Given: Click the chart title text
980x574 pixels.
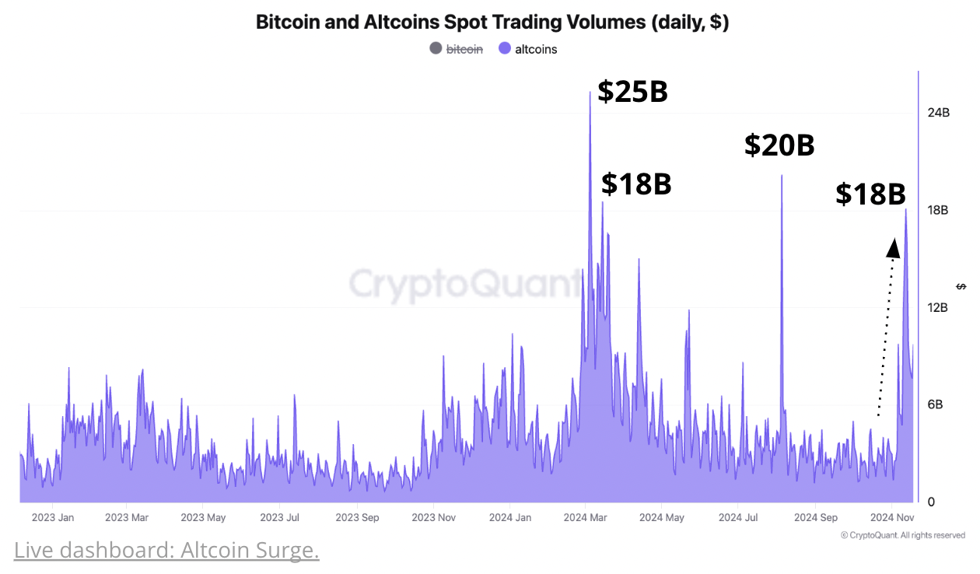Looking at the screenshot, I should [x=492, y=22].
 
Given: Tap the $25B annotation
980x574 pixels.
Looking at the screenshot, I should [x=632, y=92].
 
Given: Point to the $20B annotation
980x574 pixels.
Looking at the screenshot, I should [x=779, y=145].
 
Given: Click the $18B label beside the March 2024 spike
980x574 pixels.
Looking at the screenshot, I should [x=635, y=184].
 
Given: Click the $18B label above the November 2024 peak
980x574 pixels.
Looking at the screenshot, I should [x=870, y=194].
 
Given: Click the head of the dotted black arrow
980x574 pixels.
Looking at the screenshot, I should [x=894, y=248].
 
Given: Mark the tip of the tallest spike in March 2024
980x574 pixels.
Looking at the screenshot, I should [x=590, y=93].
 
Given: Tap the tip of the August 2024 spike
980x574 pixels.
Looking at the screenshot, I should [x=781, y=176].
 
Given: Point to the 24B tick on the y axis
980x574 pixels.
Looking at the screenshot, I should [x=938, y=113].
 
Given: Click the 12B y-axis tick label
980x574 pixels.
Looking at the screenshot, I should [x=938, y=308].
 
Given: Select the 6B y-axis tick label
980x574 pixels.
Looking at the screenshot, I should [x=936, y=404].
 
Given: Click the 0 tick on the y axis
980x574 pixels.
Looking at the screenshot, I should [x=931, y=502].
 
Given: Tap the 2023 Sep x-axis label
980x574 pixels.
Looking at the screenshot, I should [x=357, y=517].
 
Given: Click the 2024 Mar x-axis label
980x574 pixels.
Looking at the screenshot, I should [x=586, y=517].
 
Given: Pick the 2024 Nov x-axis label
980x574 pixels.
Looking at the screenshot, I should [x=891, y=517].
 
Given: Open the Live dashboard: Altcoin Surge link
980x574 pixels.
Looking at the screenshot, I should [x=166, y=551].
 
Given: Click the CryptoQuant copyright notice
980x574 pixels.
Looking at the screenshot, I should [x=902, y=535].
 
